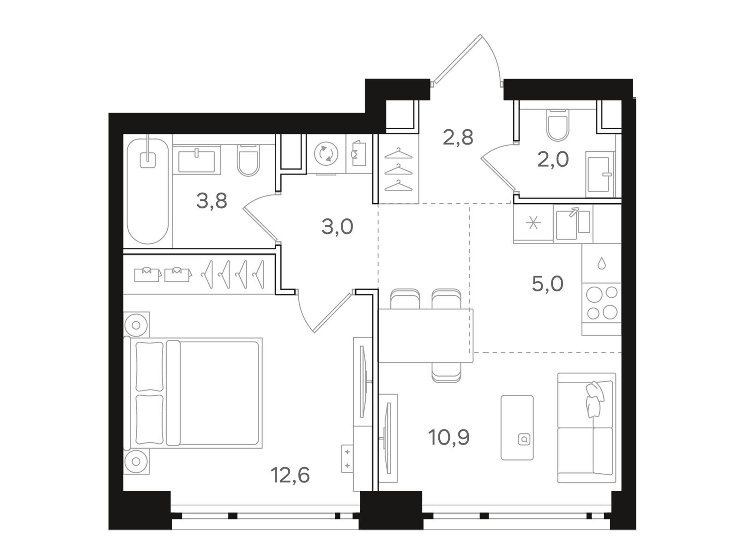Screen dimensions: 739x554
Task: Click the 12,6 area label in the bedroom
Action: click(x=290, y=476)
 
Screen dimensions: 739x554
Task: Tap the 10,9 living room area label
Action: click(x=449, y=437)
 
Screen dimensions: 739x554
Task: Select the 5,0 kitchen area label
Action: click(x=547, y=284)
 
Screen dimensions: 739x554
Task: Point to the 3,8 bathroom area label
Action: click(x=212, y=201)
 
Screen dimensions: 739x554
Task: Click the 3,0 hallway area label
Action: click(x=337, y=227)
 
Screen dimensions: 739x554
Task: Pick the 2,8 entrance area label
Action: click(x=458, y=138)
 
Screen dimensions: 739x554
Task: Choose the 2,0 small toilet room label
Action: click(x=553, y=159)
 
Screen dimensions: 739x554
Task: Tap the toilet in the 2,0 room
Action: click(x=557, y=125)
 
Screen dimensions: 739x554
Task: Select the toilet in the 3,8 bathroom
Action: click(x=248, y=160)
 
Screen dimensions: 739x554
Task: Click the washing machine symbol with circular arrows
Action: click(x=326, y=154)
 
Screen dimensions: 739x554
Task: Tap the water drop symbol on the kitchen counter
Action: click(x=602, y=263)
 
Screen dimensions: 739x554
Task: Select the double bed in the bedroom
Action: click(x=193, y=393)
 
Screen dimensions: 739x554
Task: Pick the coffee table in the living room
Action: click(x=517, y=428)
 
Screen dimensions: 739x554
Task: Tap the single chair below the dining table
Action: click(x=447, y=373)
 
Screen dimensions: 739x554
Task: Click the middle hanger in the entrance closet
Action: click(x=398, y=170)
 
